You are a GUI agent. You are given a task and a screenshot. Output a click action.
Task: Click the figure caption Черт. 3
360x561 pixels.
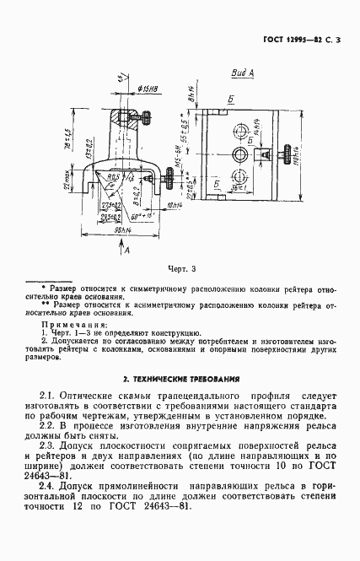[x=180, y=269]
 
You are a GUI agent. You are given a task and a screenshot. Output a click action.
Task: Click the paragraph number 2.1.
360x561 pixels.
[x=48, y=394]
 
